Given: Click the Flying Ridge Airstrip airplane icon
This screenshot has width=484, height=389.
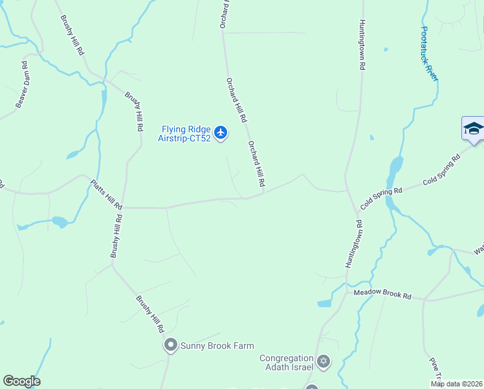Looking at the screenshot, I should [221, 133].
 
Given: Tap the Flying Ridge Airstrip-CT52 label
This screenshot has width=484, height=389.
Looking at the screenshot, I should [185, 134].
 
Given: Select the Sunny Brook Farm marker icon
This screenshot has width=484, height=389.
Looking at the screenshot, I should [171, 346].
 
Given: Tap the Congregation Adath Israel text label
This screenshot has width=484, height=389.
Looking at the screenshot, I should [287, 362].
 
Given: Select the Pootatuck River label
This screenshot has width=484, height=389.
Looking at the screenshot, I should [429, 53].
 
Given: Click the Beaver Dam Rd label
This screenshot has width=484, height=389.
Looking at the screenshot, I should [22, 84].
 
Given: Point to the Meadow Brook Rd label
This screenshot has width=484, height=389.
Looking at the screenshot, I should [382, 295].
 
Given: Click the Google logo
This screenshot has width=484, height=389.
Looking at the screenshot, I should [21, 381].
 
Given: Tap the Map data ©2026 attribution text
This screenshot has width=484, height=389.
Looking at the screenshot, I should [456, 384].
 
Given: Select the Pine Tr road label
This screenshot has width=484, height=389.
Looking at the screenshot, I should [435, 370].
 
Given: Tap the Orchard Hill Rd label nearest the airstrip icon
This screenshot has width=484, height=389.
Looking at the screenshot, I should [236, 100].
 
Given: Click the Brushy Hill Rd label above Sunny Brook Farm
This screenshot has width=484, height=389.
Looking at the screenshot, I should [149, 314].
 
